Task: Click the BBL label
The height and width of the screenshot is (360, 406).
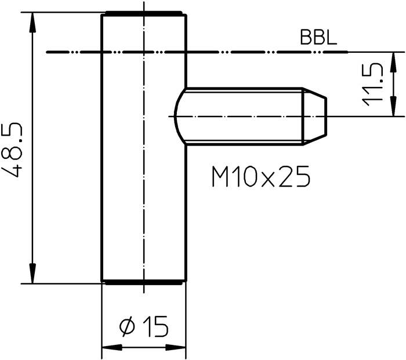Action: (x=318, y=38)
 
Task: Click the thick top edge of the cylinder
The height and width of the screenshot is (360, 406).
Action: (x=143, y=13)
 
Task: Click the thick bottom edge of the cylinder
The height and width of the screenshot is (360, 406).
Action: (x=143, y=282)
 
